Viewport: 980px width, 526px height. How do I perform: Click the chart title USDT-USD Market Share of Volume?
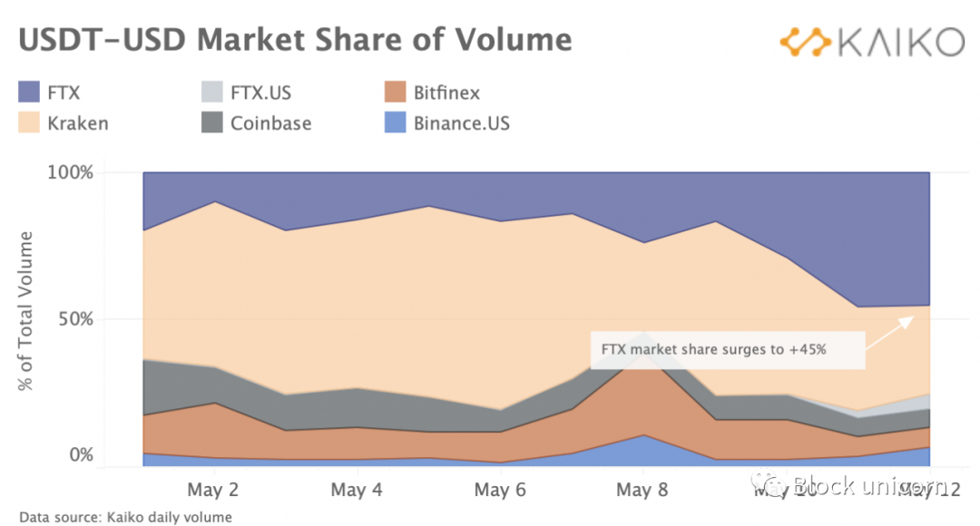(296, 41)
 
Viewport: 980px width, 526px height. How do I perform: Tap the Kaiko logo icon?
(806, 42)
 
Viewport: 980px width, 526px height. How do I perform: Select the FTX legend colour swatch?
(29, 93)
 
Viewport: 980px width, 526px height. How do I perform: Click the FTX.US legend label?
(260, 93)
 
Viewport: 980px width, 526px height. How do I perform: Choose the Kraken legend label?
(78, 123)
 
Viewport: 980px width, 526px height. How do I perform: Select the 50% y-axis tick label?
(73, 319)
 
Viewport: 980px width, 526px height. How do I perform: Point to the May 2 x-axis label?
(212, 491)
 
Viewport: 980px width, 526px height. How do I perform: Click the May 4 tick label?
(356, 491)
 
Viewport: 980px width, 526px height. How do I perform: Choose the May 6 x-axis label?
(500, 491)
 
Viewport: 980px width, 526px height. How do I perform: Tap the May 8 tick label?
(643, 491)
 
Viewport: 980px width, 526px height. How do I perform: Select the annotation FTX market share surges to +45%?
(713, 349)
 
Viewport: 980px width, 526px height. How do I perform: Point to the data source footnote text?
(125, 517)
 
